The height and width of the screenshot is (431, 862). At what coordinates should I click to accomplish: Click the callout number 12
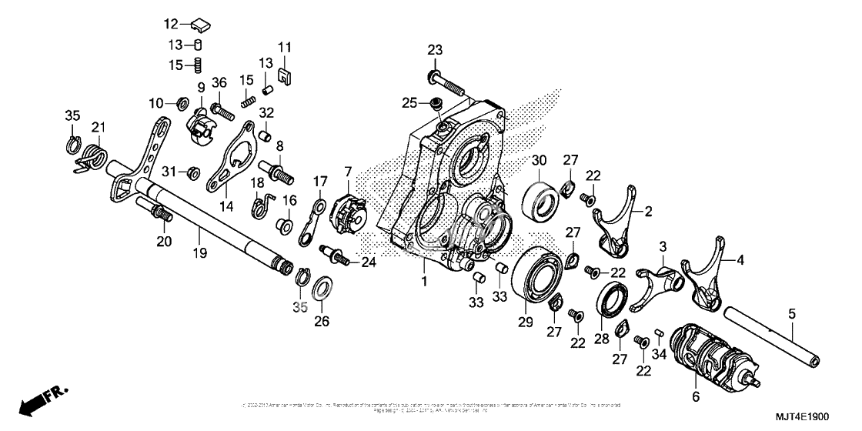click(x=170, y=23)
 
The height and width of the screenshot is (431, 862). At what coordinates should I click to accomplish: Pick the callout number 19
click(x=199, y=253)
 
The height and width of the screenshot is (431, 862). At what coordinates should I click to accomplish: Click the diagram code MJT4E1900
click(x=797, y=416)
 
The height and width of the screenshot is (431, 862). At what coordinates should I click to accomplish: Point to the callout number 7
click(x=348, y=170)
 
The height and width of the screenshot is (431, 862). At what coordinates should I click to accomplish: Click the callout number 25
click(x=409, y=102)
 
